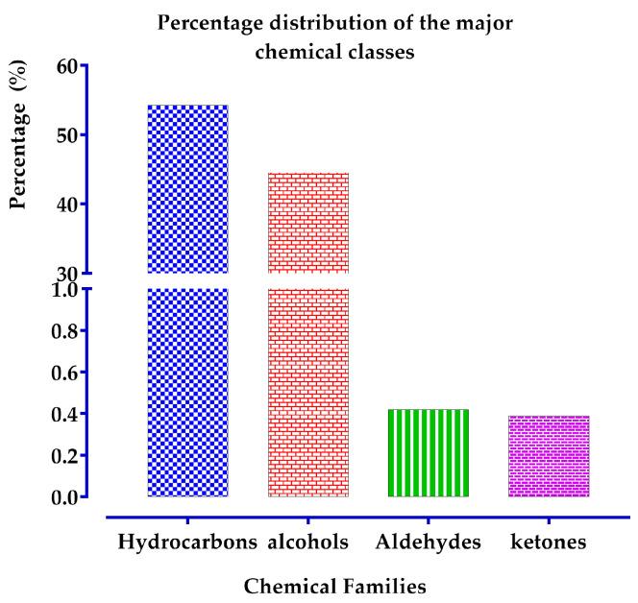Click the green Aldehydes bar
tap(429, 453)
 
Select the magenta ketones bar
tap(549, 456)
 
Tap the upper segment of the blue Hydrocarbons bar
tap(187, 188)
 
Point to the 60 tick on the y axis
tap(66, 66)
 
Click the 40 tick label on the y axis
tap(66, 204)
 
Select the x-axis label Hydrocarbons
tap(187, 543)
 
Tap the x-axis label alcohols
tap(308, 542)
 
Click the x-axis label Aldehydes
tap(429, 542)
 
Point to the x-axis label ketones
tap(549, 542)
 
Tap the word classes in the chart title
tap(380, 52)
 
